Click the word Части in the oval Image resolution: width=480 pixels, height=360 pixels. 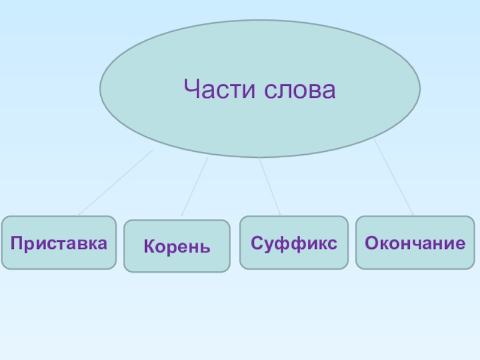click(x=218, y=91)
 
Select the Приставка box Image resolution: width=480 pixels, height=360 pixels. click(x=59, y=242)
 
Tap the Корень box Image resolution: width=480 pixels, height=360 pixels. click(x=177, y=246)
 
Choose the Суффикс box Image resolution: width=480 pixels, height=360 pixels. click(x=294, y=242)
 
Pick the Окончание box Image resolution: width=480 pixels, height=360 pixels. click(x=415, y=242)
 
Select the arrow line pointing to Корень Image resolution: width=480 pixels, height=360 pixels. click(x=195, y=185)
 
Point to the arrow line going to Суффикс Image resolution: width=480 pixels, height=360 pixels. click(x=269, y=185)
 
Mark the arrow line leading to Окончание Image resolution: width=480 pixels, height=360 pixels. click(x=393, y=176)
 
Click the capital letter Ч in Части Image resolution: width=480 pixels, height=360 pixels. click(x=192, y=91)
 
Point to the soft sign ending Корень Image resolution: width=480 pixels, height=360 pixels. click(x=206, y=247)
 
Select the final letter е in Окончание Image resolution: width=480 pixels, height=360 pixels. click(x=461, y=243)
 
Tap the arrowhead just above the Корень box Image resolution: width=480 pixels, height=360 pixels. click(x=182, y=214)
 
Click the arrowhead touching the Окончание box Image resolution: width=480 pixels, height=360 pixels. click(x=412, y=214)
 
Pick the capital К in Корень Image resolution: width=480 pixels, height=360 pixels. click(x=148, y=246)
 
